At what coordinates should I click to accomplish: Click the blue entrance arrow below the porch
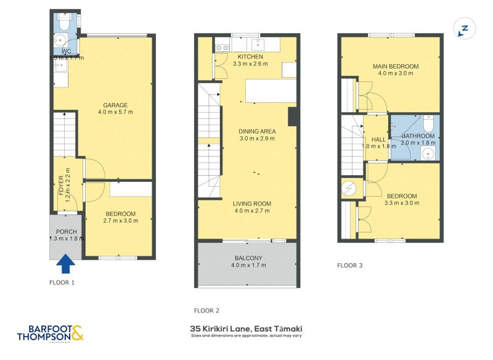[x=66, y=264]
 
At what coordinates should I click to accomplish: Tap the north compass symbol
[x=464, y=28]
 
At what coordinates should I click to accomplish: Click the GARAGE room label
[x=115, y=104]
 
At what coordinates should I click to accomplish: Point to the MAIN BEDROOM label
[x=395, y=66]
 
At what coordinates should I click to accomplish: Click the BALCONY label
[x=248, y=258]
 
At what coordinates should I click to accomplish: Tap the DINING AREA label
[x=258, y=131]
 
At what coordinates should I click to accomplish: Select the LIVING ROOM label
[x=251, y=203]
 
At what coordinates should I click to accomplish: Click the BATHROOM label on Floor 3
[x=418, y=136]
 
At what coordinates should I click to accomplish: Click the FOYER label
[x=61, y=186]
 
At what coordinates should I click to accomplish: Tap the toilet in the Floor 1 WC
[x=65, y=23]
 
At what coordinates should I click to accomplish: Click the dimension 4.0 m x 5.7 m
[x=115, y=112]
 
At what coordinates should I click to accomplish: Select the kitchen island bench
[x=271, y=90]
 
